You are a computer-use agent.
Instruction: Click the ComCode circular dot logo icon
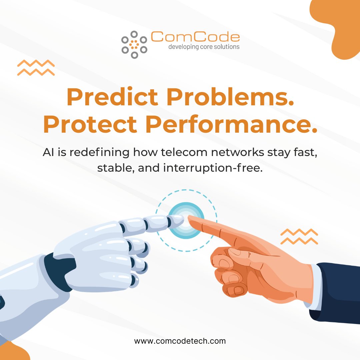[x=134, y=45]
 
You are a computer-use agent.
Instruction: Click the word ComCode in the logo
[x=195, y=37]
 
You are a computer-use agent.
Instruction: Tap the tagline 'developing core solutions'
[x=204, y=47]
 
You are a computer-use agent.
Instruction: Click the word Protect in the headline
[x=90, y=124]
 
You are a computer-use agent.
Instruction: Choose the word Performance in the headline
[x=231, y=124]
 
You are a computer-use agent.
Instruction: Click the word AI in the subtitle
[x=48, y=152]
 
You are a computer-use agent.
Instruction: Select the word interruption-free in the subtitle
[x=213, y=168]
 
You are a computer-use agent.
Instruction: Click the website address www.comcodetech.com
[x=180, y=341]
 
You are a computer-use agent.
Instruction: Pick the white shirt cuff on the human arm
[x=315, y=287]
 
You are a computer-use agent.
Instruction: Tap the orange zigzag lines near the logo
[x=36, y=68]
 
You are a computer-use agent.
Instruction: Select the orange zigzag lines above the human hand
[x=299, y=236]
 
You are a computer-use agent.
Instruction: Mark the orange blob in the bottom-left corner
[x=14, y=352]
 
